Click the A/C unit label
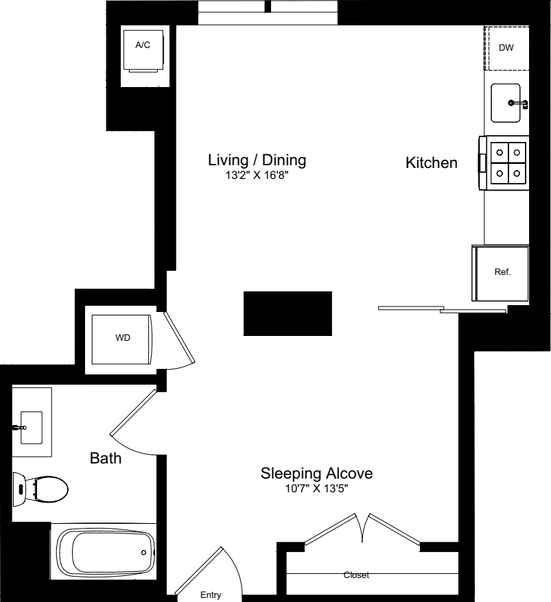143,45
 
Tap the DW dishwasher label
506,47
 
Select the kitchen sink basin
506,103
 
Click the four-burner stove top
508,162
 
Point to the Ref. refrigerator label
502,272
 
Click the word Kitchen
432,162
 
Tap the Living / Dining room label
257,160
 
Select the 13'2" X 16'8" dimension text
257,176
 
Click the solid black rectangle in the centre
288,313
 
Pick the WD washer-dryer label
123,337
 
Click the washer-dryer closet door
179,338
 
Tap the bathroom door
133,412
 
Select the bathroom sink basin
32,428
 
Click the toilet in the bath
40,490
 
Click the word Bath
106,458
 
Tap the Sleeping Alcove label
316,473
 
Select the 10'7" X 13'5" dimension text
316,489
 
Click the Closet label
356,575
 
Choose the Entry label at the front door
211,594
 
